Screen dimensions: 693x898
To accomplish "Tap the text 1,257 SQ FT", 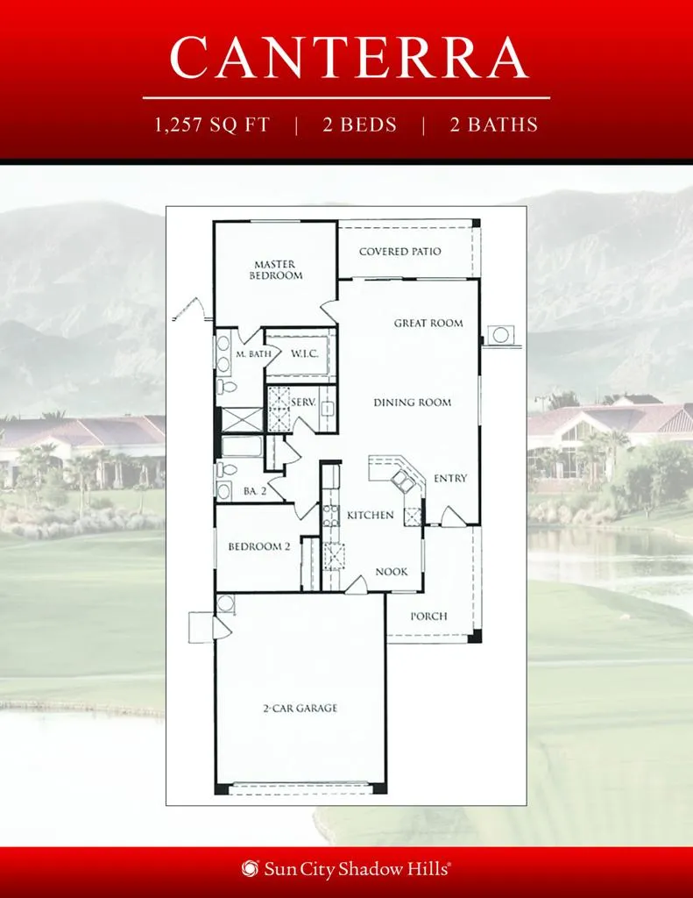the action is [212, 125].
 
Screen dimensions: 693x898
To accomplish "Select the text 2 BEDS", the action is [359, 125].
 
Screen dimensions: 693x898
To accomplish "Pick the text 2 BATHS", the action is [494, 125].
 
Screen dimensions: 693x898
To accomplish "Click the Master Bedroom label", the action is [275, 270].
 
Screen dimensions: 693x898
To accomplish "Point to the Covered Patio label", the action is [400, 252].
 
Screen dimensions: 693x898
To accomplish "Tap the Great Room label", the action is [428, 323].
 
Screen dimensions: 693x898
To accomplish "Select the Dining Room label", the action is [412, 403].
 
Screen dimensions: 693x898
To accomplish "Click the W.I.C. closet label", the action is [304, 354].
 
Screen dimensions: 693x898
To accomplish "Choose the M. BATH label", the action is [253, 354].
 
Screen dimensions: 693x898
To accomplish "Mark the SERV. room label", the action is [303, 403].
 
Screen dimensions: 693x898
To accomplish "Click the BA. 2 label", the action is [255, 491].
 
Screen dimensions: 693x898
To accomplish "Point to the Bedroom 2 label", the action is [259, 546].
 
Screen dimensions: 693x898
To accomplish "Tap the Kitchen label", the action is [371, 515].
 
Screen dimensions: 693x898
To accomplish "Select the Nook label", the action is [392, 572].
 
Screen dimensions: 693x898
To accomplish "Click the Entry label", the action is [450, 478].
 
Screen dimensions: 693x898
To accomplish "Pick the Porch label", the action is [428, 616].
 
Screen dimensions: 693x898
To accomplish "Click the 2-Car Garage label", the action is [300, 709].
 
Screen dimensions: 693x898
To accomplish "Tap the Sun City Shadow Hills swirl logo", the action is [250, 868].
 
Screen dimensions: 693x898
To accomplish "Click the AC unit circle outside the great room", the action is [501, 334].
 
